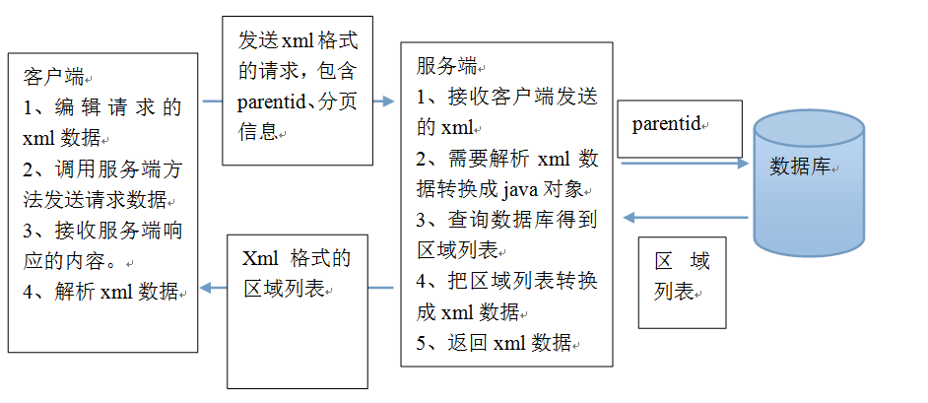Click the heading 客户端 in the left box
[52, 77]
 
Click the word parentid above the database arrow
[665, 125]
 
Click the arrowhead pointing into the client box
[205, 289]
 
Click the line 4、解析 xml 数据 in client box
[100, 291]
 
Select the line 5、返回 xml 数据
[494, 343]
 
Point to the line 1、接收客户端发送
[506, 98]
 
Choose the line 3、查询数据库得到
[506, 220]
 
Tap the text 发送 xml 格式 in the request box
[298, 41]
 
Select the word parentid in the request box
[270, 101]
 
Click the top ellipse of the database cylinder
[808, 128]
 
